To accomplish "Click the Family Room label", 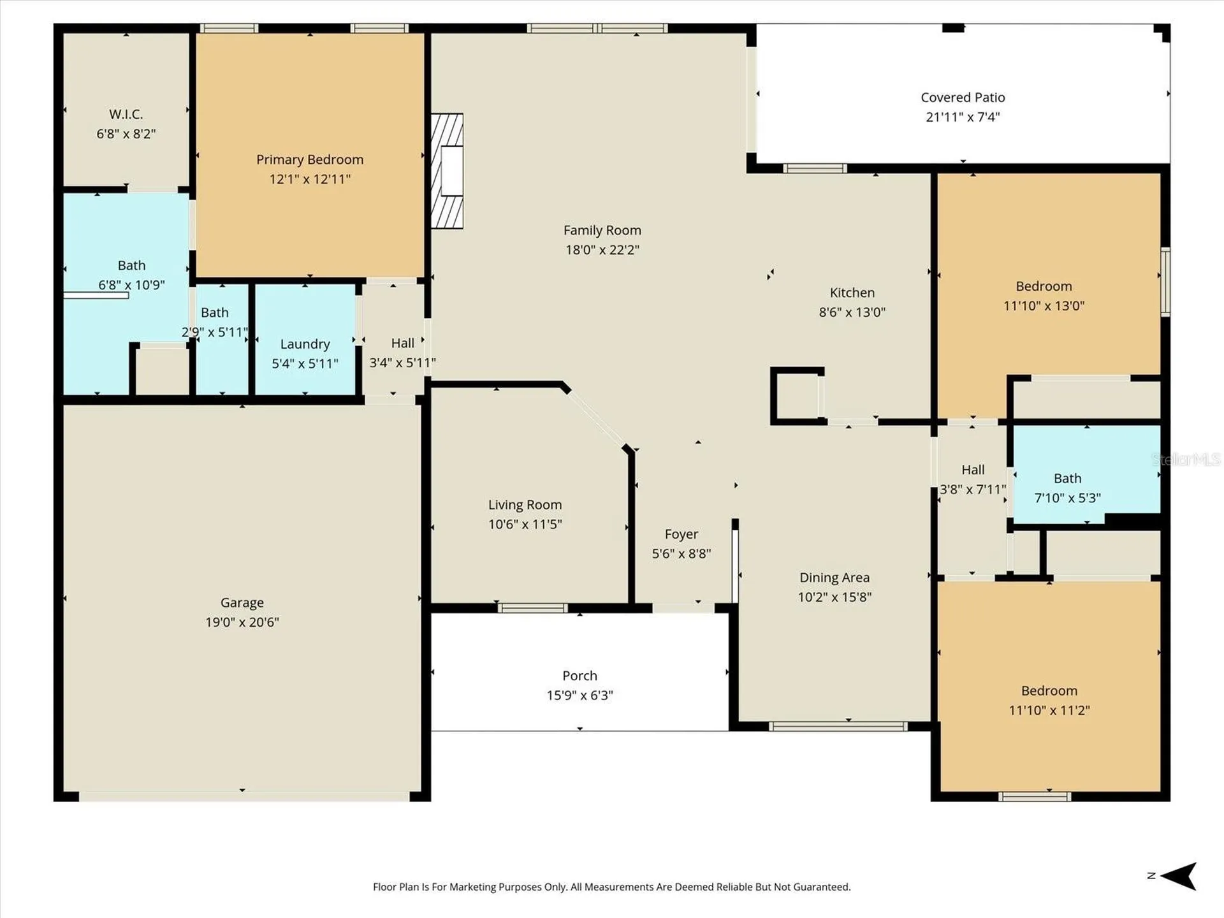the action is pos(602,230).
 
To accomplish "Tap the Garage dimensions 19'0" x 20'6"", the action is pos(242,622).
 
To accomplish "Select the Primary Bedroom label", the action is pos(310,159).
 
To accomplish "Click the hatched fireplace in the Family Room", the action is pos(447,171).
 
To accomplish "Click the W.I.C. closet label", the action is pos(126,114).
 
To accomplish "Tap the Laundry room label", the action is pos(305,344).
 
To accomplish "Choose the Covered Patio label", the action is pos(963,98).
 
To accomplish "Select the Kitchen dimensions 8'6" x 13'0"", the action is pos(852,312).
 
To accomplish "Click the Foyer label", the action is pos(681,534).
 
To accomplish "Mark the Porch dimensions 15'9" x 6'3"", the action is pos(579,696).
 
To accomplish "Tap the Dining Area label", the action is pos(834,578).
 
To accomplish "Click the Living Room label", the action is pos(525,505).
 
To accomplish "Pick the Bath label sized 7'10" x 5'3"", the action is pos(1068,478).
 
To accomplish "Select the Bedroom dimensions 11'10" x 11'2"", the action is pos(1049,710).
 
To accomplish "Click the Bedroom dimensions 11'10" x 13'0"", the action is pos(1044,306).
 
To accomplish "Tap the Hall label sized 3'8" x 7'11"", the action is pos(973,470).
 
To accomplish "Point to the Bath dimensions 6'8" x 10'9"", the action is pos(131,285).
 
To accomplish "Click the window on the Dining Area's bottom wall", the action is pos(838,726).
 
